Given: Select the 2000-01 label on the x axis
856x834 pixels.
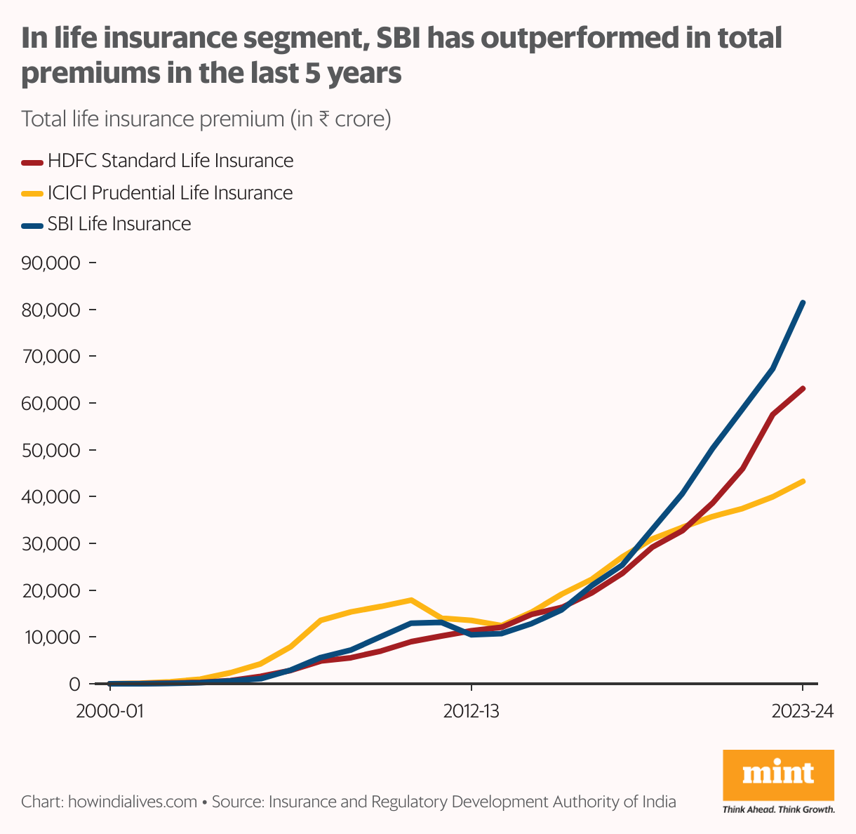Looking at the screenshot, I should tap(109, 711).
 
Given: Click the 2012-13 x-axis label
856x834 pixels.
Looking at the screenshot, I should tap(472, 711).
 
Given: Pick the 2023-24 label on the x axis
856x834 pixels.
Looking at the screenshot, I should tap(802, 711).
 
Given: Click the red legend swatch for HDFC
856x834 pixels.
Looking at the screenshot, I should tap(32, 162).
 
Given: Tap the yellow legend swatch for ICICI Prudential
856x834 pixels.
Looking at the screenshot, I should tap(32, 194).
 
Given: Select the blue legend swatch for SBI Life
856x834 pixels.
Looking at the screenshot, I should tap(32, 225).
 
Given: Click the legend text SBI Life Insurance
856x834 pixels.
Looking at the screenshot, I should tap(119, 224).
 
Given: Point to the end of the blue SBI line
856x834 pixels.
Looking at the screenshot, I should tap(803, 303).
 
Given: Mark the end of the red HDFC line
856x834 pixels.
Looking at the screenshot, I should tap(803, 388).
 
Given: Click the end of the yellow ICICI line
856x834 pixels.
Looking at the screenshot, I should tap(803, 482).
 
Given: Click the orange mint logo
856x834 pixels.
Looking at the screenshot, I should tap(778, 774).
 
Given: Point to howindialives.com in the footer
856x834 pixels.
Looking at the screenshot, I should tap(132, 802).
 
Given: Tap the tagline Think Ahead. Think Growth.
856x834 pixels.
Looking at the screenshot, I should tap(778, 809).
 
